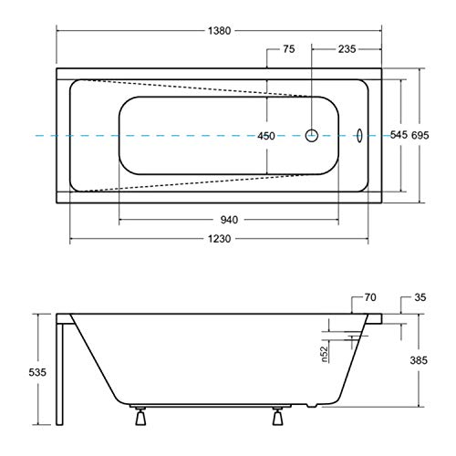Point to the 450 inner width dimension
pyautogui.click(x=265, y=135)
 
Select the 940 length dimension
pyautogui.click(x=228, y=219)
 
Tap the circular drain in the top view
pyautogui.click(x=312, y=134)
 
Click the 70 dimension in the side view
pyautogui.click(x=370, y=296)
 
